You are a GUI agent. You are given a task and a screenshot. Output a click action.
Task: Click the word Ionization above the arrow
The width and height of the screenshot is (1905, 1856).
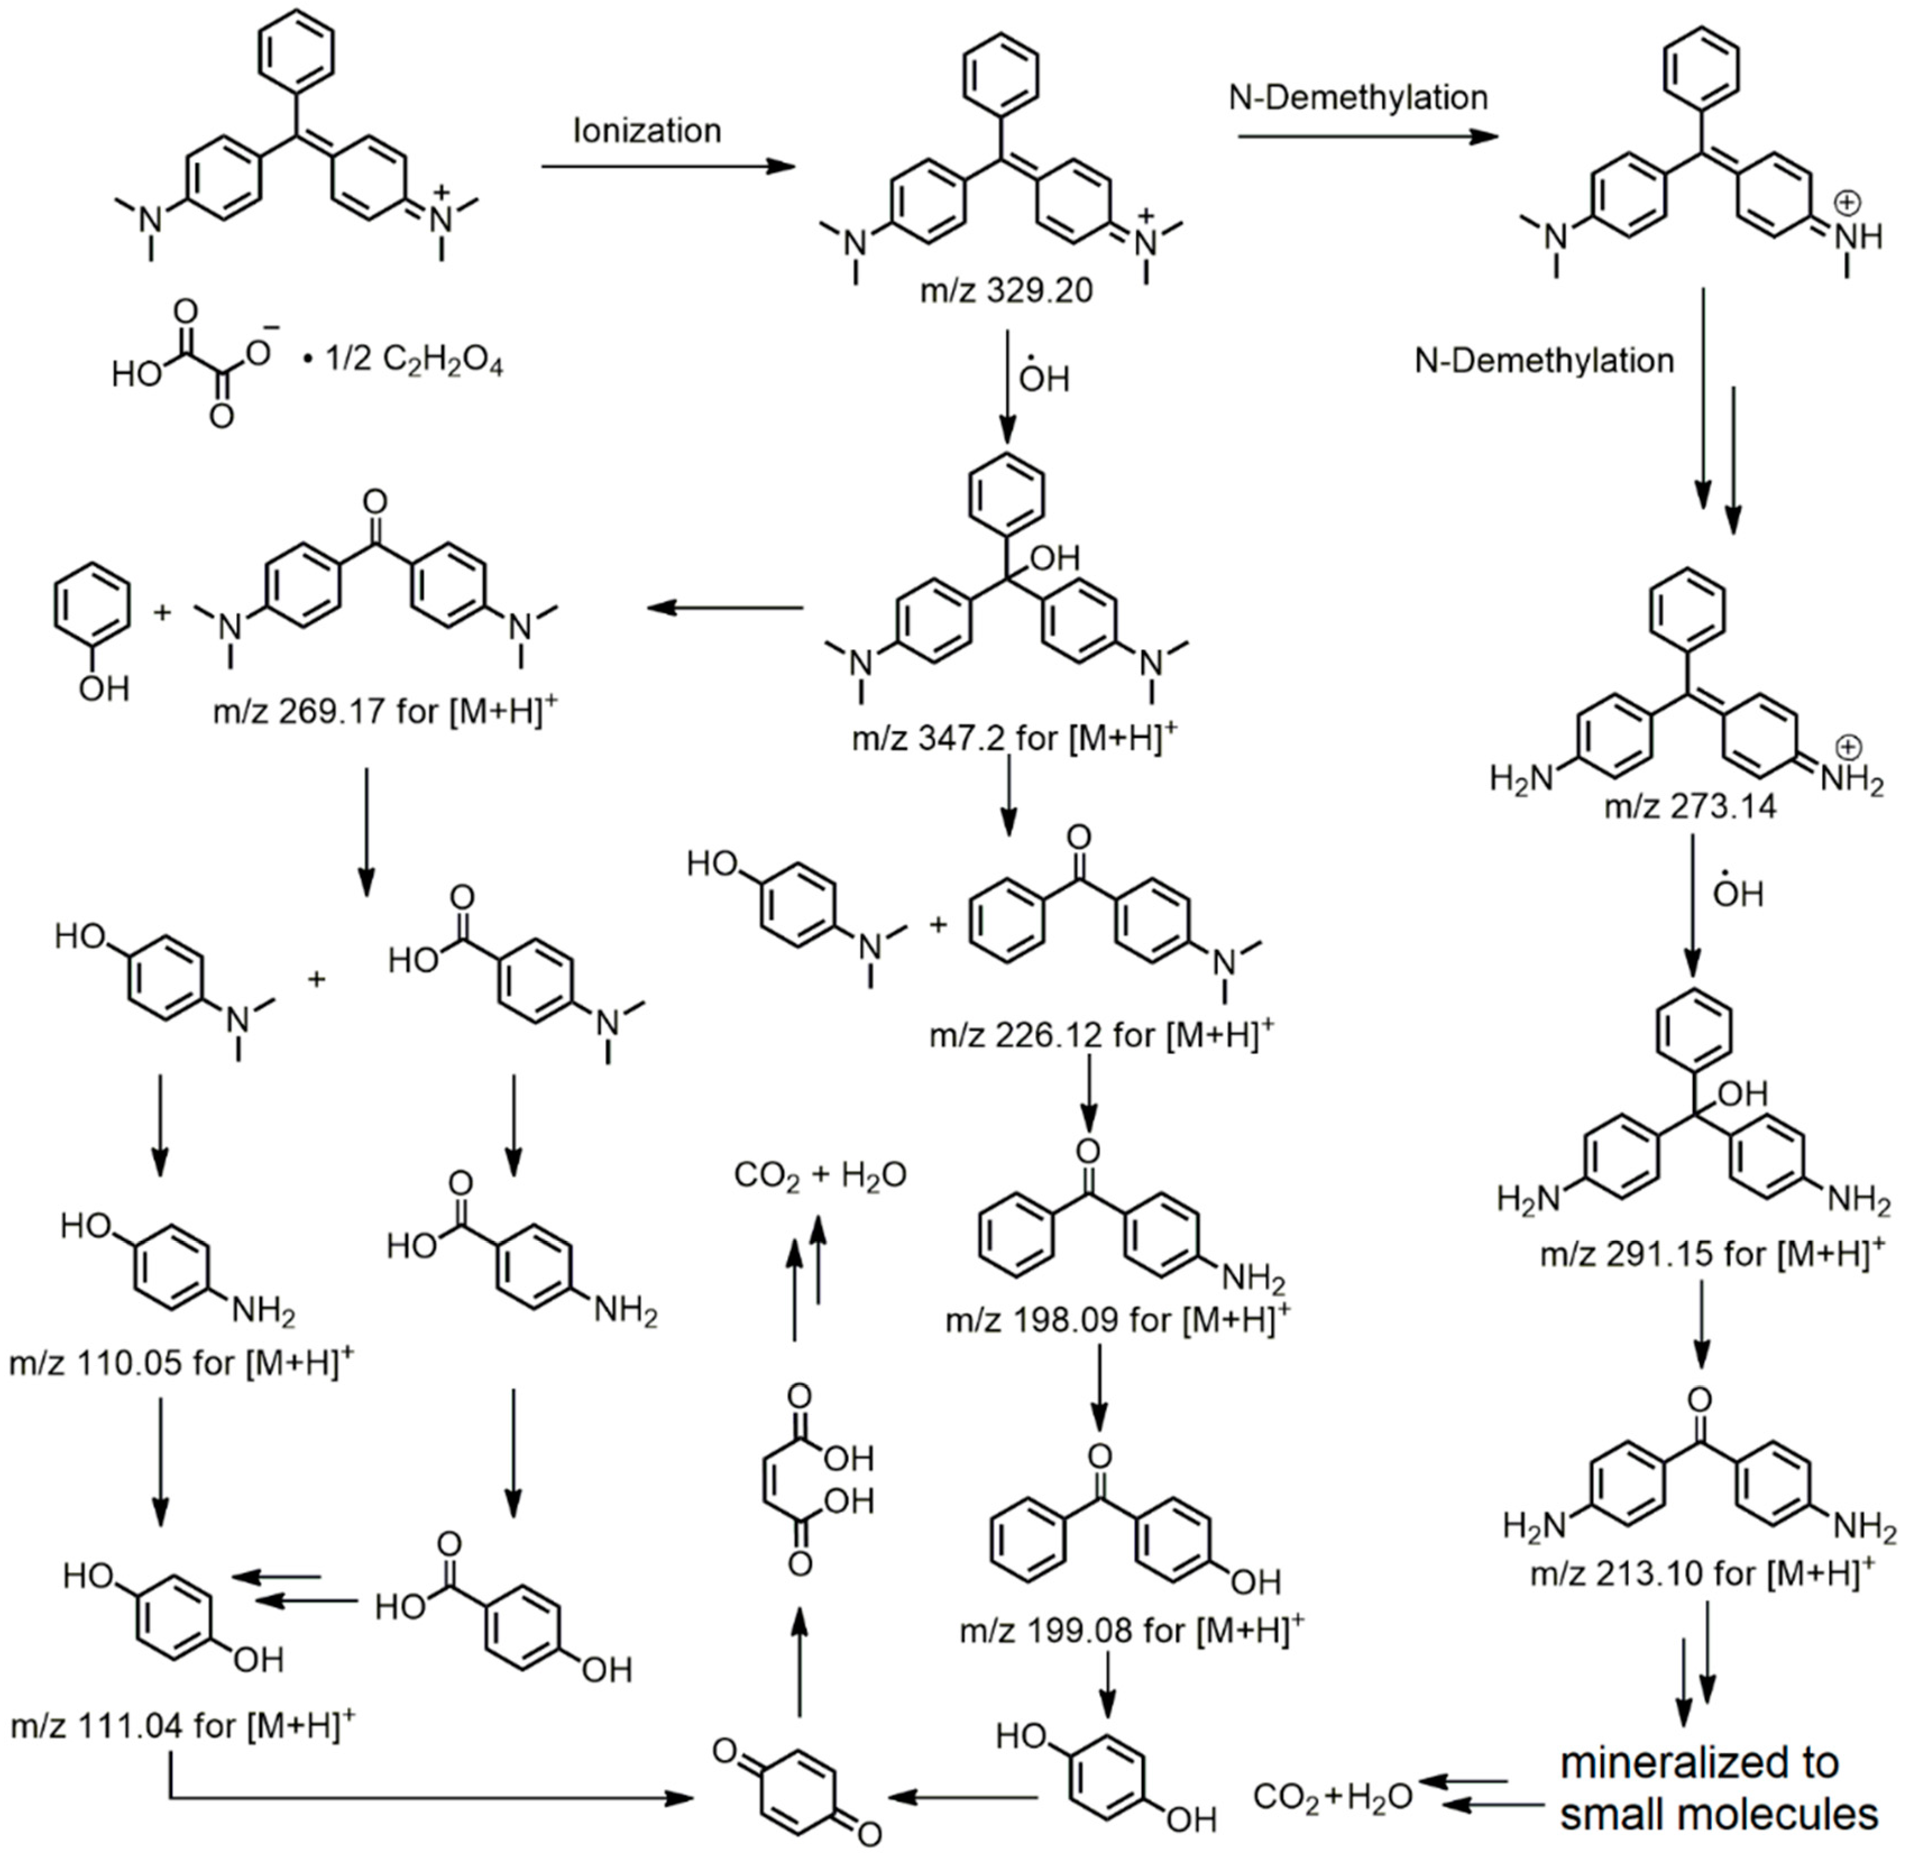648,131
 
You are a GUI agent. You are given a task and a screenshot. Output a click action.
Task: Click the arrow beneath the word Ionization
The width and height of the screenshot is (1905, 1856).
668,167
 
